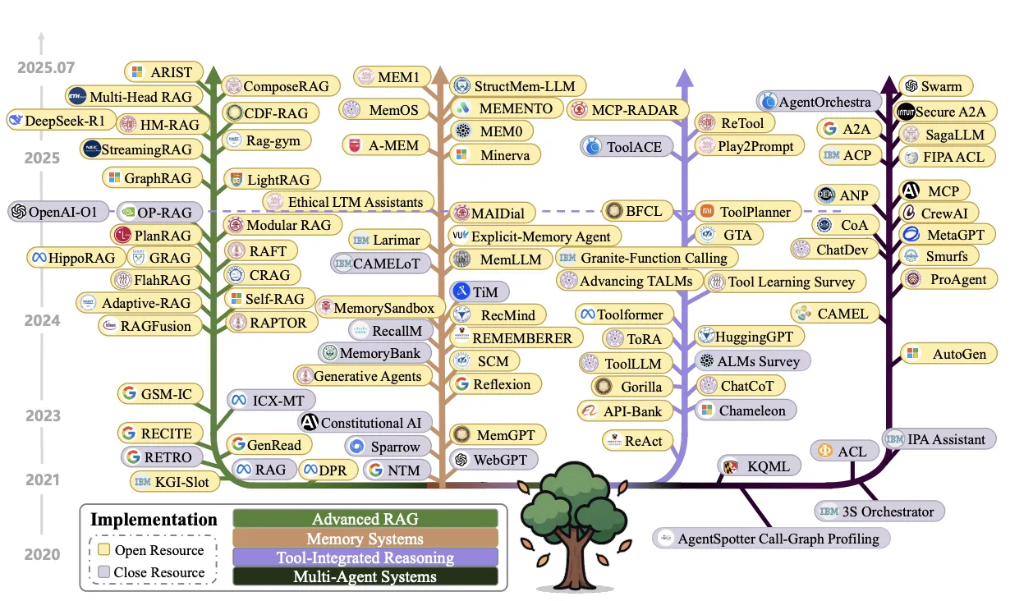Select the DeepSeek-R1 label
(x=57, y=121)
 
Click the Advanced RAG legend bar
(x=365, y=519)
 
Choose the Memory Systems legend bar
(x=365, y=539)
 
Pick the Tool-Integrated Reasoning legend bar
(x=365, y=557)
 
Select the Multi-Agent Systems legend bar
(x=365, y=576)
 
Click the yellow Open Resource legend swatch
(x=104, y=549)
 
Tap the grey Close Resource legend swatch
(x=104, y=571)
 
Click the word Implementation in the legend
(x=154, y=519)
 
